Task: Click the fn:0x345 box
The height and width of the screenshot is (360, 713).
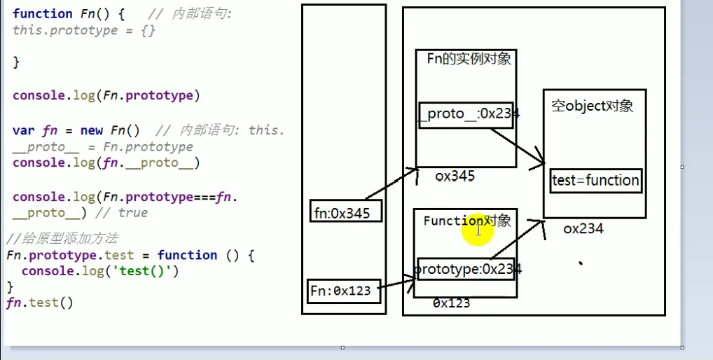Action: coord(346,211)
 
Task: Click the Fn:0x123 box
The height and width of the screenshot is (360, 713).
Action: coord(343,291)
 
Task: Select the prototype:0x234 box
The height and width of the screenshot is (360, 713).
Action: coord(466,269)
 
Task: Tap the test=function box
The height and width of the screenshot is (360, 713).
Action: coord(595,180)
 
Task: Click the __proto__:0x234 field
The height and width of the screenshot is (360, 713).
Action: coord(466,113)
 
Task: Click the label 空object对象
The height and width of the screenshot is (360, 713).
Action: coord(592,106)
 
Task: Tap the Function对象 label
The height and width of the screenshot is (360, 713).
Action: coord(466,221)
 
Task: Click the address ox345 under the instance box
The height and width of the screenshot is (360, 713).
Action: coord(455,176)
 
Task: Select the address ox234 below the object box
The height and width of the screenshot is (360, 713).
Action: coord(583,228)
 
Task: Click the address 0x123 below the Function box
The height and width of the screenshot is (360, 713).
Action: coord(451,303)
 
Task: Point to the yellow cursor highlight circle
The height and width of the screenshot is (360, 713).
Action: coord(478,230)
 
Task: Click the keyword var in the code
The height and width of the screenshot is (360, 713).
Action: coord(23,130)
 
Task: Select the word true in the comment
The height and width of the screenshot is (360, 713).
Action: coord(132,212)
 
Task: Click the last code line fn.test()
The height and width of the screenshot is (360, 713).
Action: coord(39,303)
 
